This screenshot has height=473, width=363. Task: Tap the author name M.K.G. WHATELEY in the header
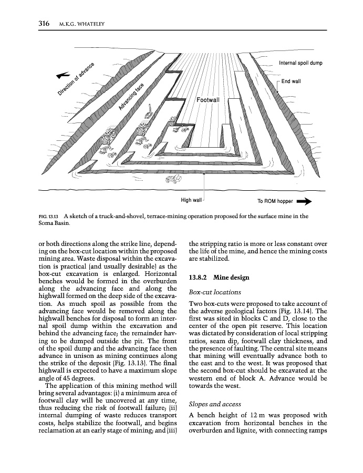(x=86, y=24)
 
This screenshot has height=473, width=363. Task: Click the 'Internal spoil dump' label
(x=300, y=63)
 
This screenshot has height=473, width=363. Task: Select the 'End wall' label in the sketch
(x=291, y=81)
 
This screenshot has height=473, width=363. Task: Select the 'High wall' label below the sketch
(x=191, y=200)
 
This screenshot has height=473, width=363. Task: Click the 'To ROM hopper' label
(x=275, y=201)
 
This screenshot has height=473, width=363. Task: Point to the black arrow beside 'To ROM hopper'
(x=305, y=201)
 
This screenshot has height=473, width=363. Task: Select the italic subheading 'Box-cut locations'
(x=214, y=291)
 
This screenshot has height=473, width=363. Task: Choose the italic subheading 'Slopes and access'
(x=214, y=404)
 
